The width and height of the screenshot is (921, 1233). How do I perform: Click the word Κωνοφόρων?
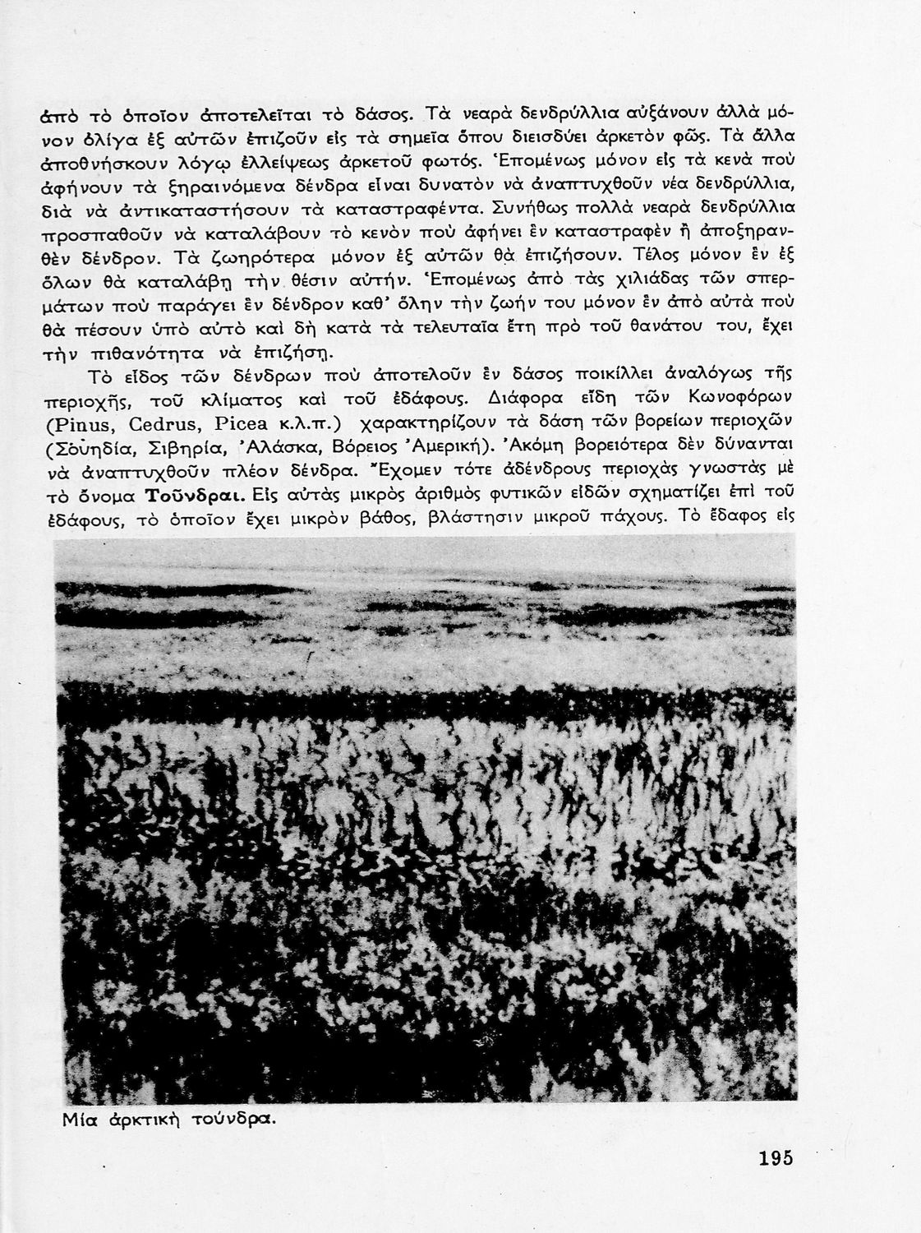[734, 400]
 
